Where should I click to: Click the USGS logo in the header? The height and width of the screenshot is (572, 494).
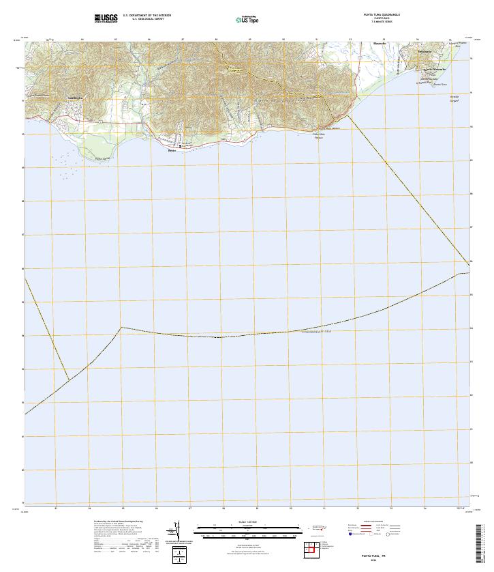tap(106, 17)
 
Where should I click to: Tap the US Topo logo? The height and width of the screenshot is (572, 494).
tap(249, 18)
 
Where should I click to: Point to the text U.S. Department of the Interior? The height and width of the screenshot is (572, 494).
tap(147, 14)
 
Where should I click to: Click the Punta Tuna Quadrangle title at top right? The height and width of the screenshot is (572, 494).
tap(382, 14)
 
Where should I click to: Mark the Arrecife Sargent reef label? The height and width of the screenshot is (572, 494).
tap(454, 100)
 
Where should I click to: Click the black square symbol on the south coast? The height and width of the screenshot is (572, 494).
tap(181, 146)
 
